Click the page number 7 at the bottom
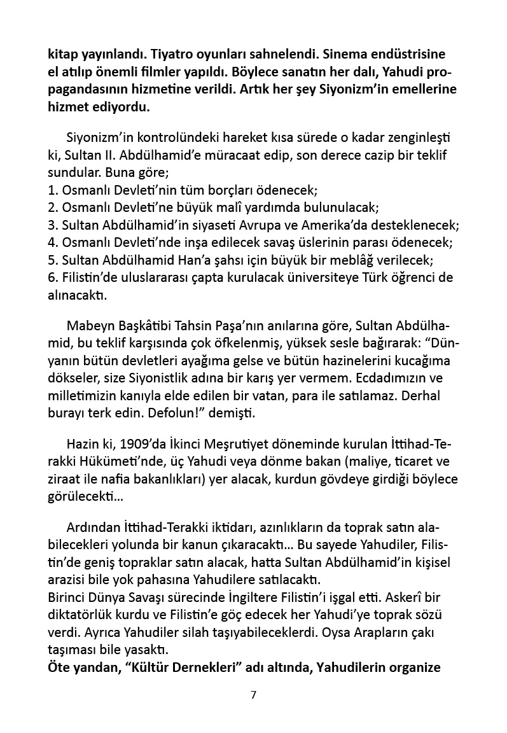(x=253, y=695)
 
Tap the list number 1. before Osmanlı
(x=53, y=190)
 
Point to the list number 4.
(x=53, y=242)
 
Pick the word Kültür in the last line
(x=151, y=667)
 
